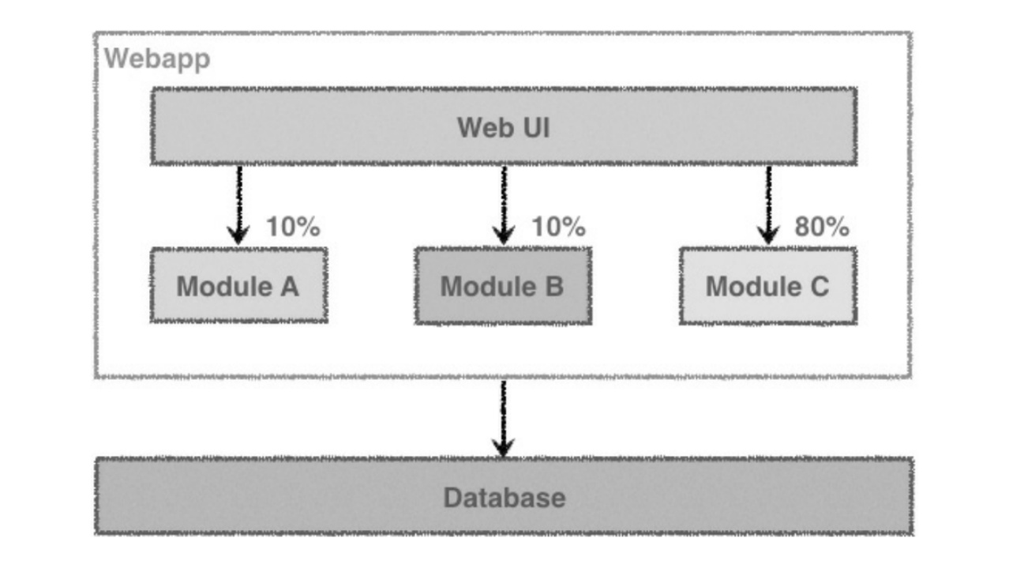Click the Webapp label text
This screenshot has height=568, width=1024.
(x=157, y=59)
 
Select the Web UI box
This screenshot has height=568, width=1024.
(x=504, y=126)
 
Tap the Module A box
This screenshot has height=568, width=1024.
(x=238, y=285)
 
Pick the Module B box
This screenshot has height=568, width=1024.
(x=503, y=286)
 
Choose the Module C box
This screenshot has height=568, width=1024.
(x=768, y=286)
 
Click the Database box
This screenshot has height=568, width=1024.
(x=504, y=496)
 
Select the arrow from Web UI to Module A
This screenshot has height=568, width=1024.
(x=238, y=206)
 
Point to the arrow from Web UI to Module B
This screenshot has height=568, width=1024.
(x=504, y=206)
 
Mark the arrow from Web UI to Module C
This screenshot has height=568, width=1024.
(x=768, y=206)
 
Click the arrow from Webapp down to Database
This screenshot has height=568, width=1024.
(x=503, y=419)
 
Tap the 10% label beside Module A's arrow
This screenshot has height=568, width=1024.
(x=294, y=227)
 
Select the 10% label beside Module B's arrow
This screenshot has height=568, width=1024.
(x=559, y=227)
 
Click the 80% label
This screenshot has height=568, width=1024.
(x=822, y=227)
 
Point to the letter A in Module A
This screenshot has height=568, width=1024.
(x=290, y=287)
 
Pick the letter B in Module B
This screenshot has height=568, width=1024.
(x=554, y=287)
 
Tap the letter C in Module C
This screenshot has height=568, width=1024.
(x=820, y=287)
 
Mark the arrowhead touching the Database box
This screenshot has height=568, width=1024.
(x=503, y=447)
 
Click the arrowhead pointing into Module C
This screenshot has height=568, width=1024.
(x=768, y=235)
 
